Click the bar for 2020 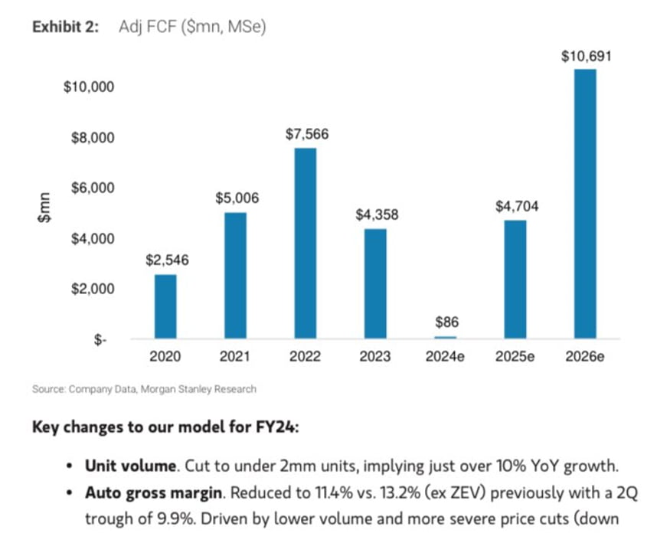coord(165,306)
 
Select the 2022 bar coord(305,243)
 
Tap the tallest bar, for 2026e coord(585,204)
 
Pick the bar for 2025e coord(515,279)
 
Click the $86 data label coord(445,322)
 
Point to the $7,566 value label coord(305,134)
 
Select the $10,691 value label coord(586,56)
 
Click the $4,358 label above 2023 coord(375,215)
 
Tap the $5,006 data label coord(235,198)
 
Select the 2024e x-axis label coord(445,356)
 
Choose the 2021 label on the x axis coord(234,356)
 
